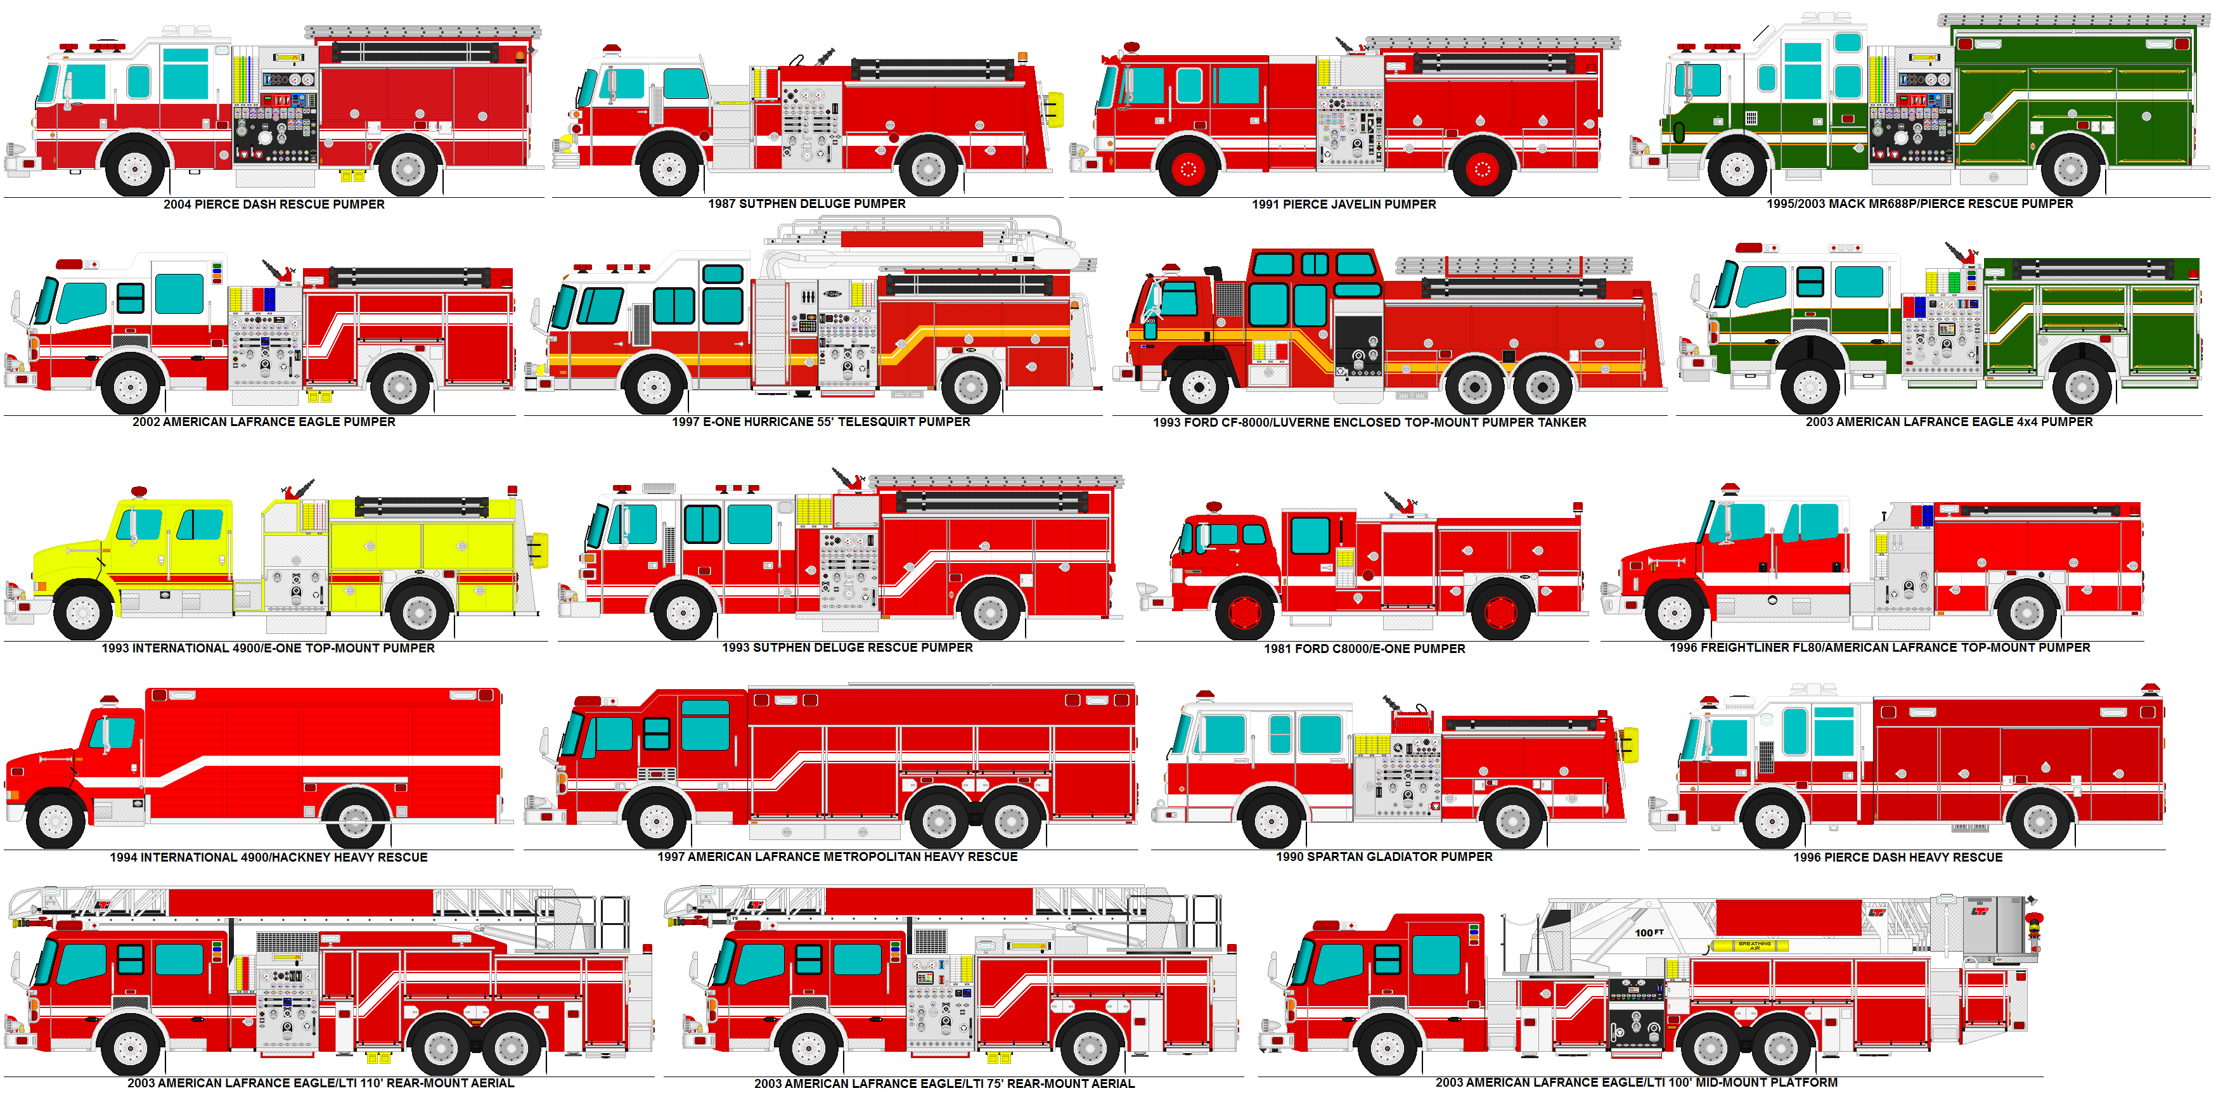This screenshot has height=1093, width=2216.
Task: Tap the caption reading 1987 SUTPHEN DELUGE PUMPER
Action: pyautogui.click(x=806, y=204)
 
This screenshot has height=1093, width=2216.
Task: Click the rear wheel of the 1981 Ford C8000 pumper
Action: pyautogui.click(x=1500, y=612)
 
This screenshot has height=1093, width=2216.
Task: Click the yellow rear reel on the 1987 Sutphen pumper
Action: pyautogui.click(x=1055, y=109)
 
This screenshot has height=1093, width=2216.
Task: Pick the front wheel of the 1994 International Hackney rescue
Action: pyautogui.click(x=56, y=821)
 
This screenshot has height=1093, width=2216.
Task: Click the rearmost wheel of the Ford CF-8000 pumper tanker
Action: pyautogui.click(x=1542, y=387)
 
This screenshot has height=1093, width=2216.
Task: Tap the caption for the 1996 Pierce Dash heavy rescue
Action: pyautogui.click(x=1897, y=857)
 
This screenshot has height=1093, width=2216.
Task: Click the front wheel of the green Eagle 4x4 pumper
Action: pyautogui.click(x=1810, y=387)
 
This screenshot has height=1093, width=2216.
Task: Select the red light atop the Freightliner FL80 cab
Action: pyautogui.click(x=1729, y=489)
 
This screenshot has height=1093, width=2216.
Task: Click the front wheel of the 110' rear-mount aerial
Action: pyautogui.click(x=131, y=1047)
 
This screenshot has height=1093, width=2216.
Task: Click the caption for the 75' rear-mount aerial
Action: pyautogui.click(x=944, y=1083)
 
